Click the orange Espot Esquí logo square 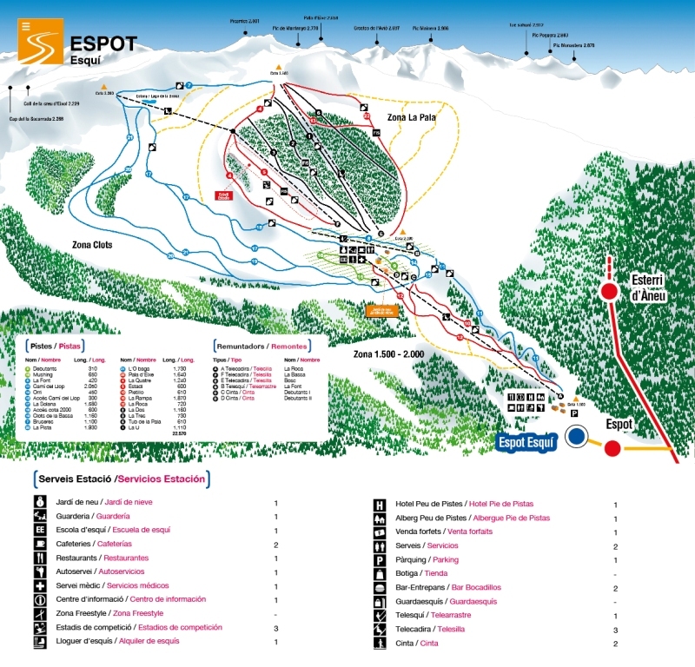coord(40,42)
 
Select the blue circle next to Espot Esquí coord(576,436)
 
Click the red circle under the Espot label coord(612,448)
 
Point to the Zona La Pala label coord(399,117)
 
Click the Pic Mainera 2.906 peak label coord(431,29)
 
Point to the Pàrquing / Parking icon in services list coord(380,560)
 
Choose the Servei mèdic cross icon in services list coord(40,586)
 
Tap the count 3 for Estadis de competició coord(275,627)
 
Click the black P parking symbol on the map coord(574,414)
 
